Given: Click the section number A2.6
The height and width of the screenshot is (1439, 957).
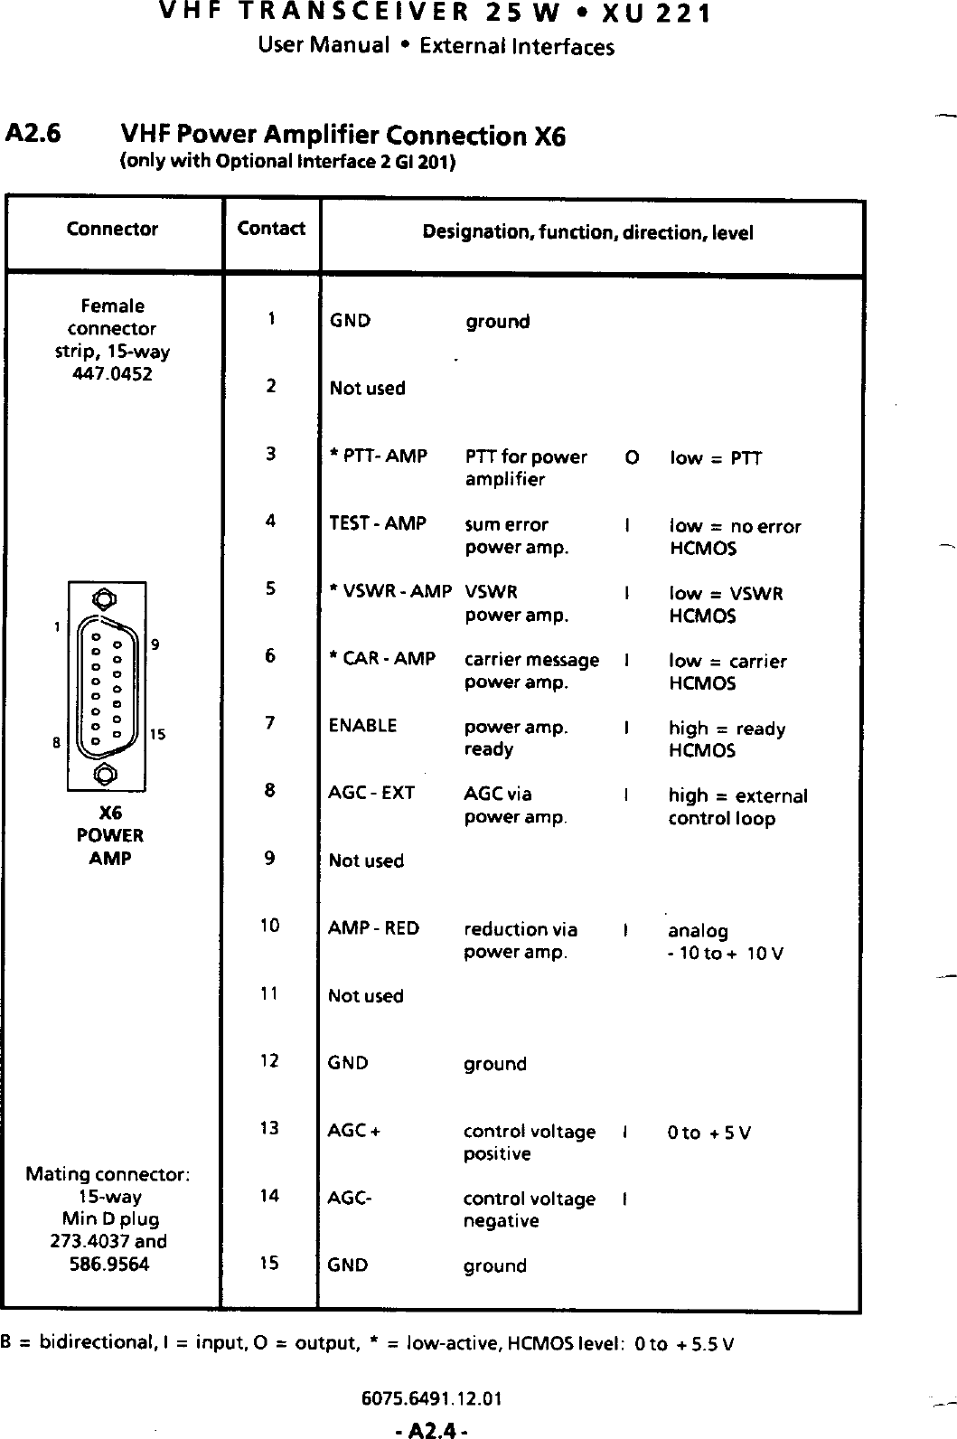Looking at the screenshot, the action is pos(33,134).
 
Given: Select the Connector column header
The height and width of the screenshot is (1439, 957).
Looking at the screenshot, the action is pos(112,230).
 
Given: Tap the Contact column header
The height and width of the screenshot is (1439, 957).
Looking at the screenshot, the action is pos(271,229).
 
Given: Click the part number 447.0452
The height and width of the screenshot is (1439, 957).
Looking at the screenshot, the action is pos(112,374).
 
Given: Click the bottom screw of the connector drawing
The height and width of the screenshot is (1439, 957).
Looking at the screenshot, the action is pos(106,774).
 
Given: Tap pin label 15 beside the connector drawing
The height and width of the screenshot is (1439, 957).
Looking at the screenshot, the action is pos(157,735).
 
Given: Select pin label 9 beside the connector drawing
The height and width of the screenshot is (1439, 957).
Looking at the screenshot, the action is pos(155,644).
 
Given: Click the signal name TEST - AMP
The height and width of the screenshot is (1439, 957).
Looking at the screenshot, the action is pos(378,523).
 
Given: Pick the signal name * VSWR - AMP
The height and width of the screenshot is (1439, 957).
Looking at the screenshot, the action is pos(391,592).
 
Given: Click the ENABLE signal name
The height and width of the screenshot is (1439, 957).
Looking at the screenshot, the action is pos(363,726).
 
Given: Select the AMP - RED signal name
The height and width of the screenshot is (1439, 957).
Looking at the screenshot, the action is pos(374,928).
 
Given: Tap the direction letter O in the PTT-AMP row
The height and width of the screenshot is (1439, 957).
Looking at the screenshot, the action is pos(631,457).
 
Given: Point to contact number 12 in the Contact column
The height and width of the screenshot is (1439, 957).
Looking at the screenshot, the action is pos(269,1060).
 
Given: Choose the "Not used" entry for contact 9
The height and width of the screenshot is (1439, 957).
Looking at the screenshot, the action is pos(366,861).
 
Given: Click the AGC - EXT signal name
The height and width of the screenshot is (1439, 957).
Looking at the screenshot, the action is pos(371,794).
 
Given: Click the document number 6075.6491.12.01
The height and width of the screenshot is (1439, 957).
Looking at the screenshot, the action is pos(431,1400).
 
